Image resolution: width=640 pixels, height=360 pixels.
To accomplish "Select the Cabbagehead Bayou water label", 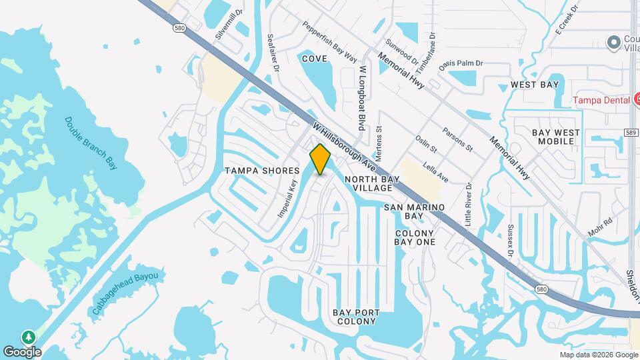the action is coord(125,293).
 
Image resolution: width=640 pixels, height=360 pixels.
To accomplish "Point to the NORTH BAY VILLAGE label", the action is coord(373,183).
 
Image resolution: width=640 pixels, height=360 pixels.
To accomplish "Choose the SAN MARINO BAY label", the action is coord(413,212).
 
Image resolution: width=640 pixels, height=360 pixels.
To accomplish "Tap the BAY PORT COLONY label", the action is coord(357,317).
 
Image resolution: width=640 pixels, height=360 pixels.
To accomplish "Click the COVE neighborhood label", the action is coord(314,59).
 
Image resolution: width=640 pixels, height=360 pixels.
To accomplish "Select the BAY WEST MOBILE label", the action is coord(555,137).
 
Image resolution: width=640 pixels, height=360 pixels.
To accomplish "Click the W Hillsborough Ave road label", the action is coord(345,144).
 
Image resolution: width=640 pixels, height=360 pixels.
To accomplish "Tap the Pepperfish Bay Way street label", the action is coord(329,41).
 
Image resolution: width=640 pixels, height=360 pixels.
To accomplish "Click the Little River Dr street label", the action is coord(469,205).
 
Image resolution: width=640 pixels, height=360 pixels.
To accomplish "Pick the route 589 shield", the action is coord(632,133).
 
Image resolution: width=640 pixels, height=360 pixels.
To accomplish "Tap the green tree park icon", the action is coord(29,337).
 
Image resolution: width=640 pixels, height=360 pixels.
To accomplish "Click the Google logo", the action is coord(22,351).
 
